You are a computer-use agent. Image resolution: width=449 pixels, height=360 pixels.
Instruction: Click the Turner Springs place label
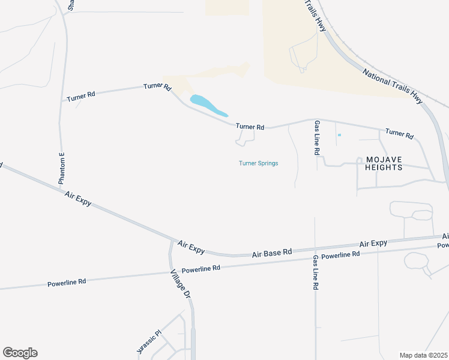click(258, 163)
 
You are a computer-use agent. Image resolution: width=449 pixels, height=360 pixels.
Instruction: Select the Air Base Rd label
click(272, 253)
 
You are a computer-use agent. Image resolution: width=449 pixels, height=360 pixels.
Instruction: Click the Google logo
click(20, 353)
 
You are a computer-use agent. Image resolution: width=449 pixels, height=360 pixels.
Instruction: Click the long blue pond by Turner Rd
click(208, 106)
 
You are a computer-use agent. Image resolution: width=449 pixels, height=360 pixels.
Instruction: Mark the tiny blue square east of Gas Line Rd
click(339, 135)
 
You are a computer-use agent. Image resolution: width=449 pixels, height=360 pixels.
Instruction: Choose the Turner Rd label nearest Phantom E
click(81, 96)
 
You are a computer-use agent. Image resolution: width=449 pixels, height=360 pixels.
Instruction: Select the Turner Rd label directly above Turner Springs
click(250, 127)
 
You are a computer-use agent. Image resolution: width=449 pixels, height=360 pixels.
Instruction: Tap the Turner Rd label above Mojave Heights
click(399, 134)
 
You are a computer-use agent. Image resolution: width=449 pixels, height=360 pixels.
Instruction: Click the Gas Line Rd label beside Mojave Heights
click(316, 137)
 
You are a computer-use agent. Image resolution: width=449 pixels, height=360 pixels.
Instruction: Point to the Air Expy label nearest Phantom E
click(78, 199)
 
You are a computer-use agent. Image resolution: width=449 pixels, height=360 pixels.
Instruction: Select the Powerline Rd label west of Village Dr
click(67, 281)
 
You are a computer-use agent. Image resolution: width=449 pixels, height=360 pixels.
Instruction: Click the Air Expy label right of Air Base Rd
click(373, 244)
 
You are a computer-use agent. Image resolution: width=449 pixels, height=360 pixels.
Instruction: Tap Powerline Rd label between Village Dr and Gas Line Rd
click(201, 269)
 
